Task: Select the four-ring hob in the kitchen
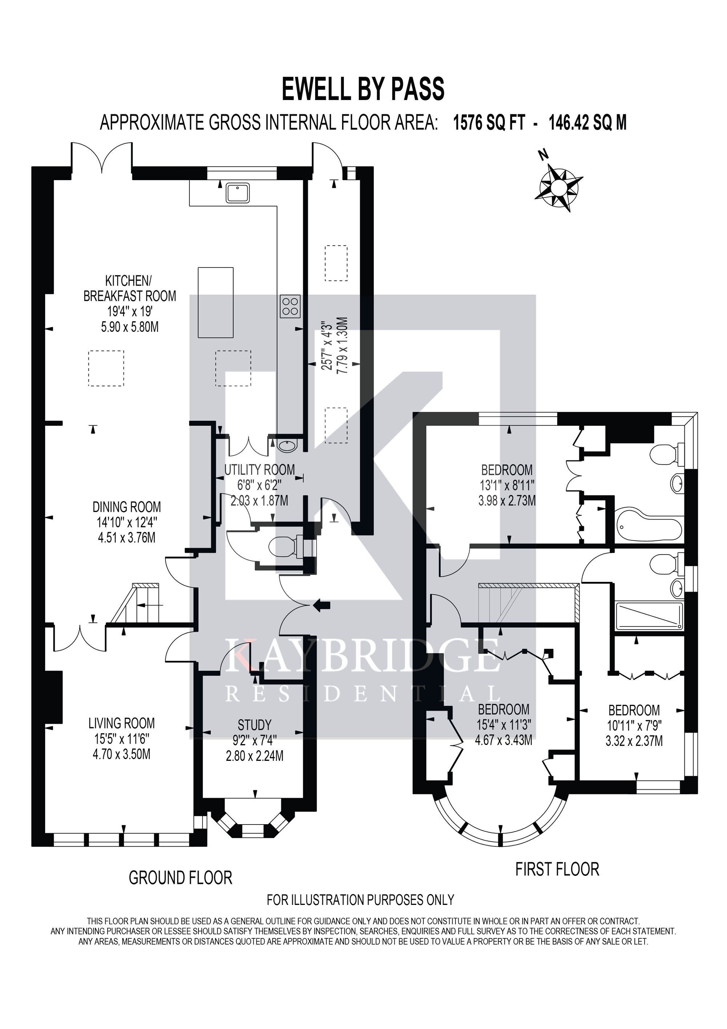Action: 290,306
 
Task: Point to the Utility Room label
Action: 260,470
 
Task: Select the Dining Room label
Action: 127,507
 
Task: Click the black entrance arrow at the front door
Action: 321,605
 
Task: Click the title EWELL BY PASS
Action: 363,88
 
